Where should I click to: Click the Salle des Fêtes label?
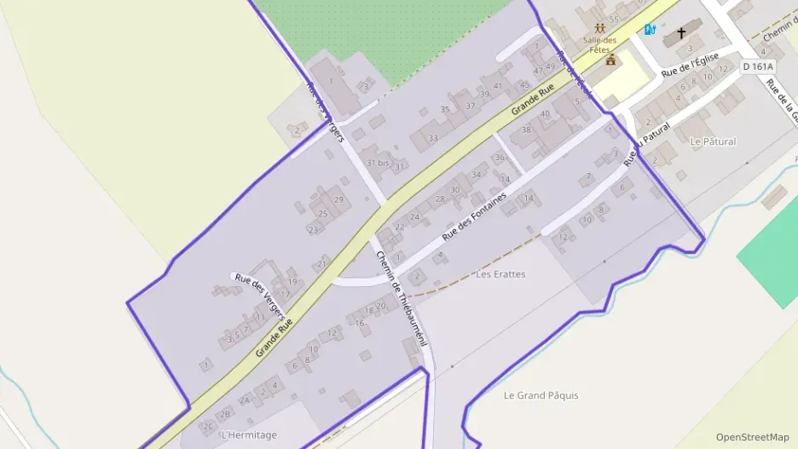pyautogui.click(x=600, y=43)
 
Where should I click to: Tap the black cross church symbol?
pyautogui.click(x=680, y=34)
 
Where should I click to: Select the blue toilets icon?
pyautogui.click(x=651, y=30)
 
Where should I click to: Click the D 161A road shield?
pyautogui.click(x=757, y=66)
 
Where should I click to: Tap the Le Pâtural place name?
pyautogui.click(x=713, y=141)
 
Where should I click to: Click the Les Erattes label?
pyautogui.click(x=500, y=274)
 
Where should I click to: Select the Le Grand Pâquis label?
pyautogui.click(x=541, y=395)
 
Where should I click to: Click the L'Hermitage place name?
pyautogui.click(x=249, y=435)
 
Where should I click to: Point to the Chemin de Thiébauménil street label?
pyautogui.click(x=400, y=298)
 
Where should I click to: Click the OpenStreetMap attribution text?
pyautogui.click(x=752, y=437)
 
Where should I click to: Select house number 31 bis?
pyautogui.click(x=377, y=162)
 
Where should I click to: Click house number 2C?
pyautogui.click(x=207, y=426)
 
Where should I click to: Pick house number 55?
pyautogui.click(x=613, y=19)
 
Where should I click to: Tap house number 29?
pyautogui.click(x=338, y=199)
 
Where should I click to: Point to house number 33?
pyautogui.click(x=433, y=138)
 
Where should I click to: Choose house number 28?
pyautogui.click(x=440, y=199)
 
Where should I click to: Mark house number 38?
pyautogui.click(x=526, y=130)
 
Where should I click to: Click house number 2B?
pyautogui.click(x=226, y=414)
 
